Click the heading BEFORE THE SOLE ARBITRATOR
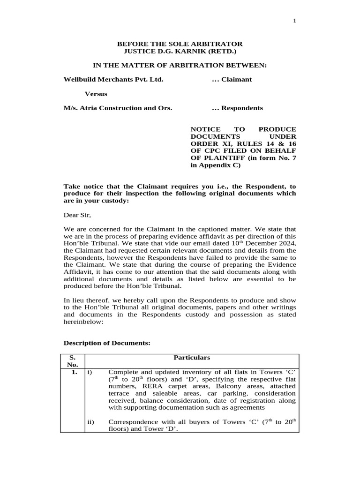click(180, 44)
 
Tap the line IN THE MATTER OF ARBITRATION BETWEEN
click(180, 65)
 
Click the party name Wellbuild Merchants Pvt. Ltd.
click(113, 79)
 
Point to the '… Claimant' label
click(232, 79)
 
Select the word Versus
click(96, 94)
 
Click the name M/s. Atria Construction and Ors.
click(118, 108)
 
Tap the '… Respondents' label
click(237, 108)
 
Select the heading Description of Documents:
click(107, 344)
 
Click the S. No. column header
click(72, 361)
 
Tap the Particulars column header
click(192, 358)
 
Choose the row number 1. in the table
click(72, 373)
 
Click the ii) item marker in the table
click(91, 422)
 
